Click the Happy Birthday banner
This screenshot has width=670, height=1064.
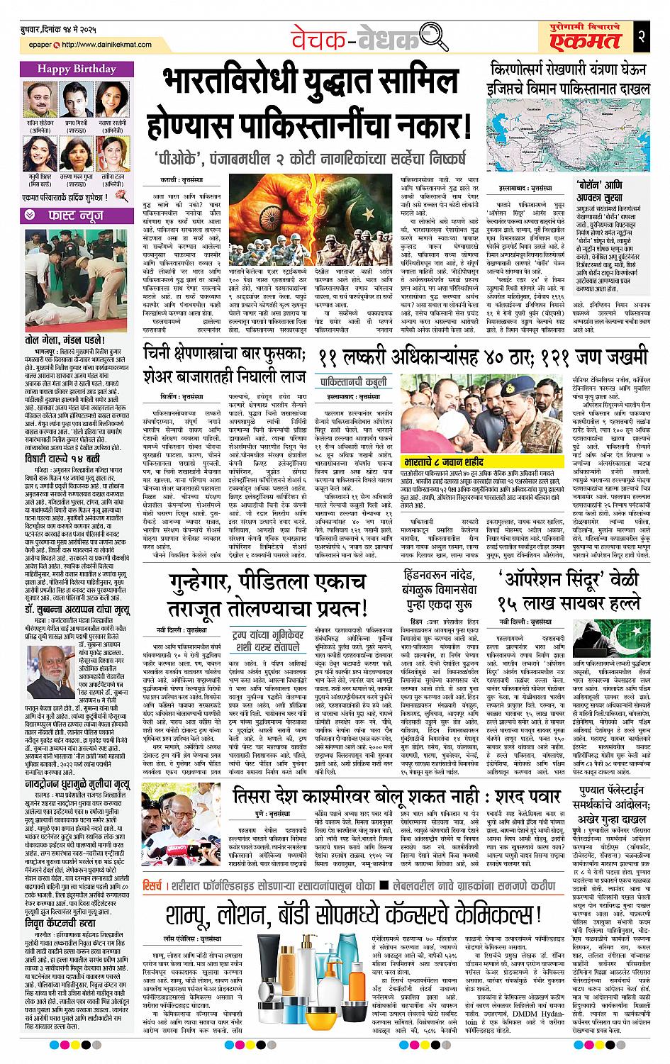coord(76,69)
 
